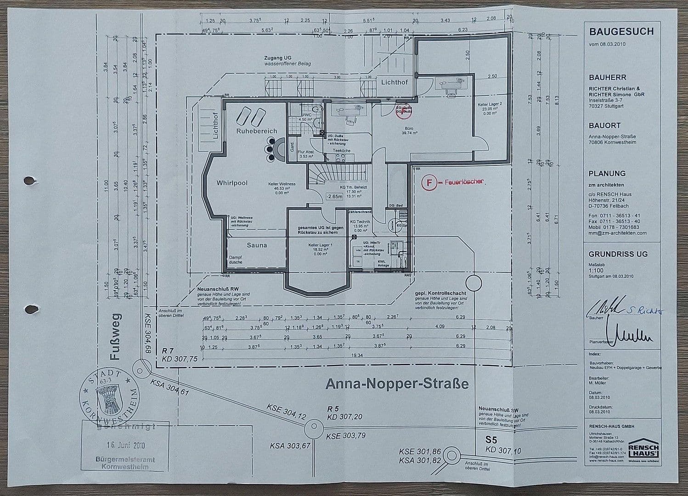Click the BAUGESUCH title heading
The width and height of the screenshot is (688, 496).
621,32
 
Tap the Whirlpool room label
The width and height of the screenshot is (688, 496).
232,183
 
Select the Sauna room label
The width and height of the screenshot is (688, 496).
257,245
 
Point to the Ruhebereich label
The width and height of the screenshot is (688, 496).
257,131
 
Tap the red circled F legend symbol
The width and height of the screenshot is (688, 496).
429,182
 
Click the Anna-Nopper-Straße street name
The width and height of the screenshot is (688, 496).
397,383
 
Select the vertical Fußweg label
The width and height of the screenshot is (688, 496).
116,337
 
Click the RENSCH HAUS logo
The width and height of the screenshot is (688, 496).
643,449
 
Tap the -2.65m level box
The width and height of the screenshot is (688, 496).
334,197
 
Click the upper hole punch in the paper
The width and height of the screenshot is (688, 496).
30,181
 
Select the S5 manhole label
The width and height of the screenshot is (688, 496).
491,440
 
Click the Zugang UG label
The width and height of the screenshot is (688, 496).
277,57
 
